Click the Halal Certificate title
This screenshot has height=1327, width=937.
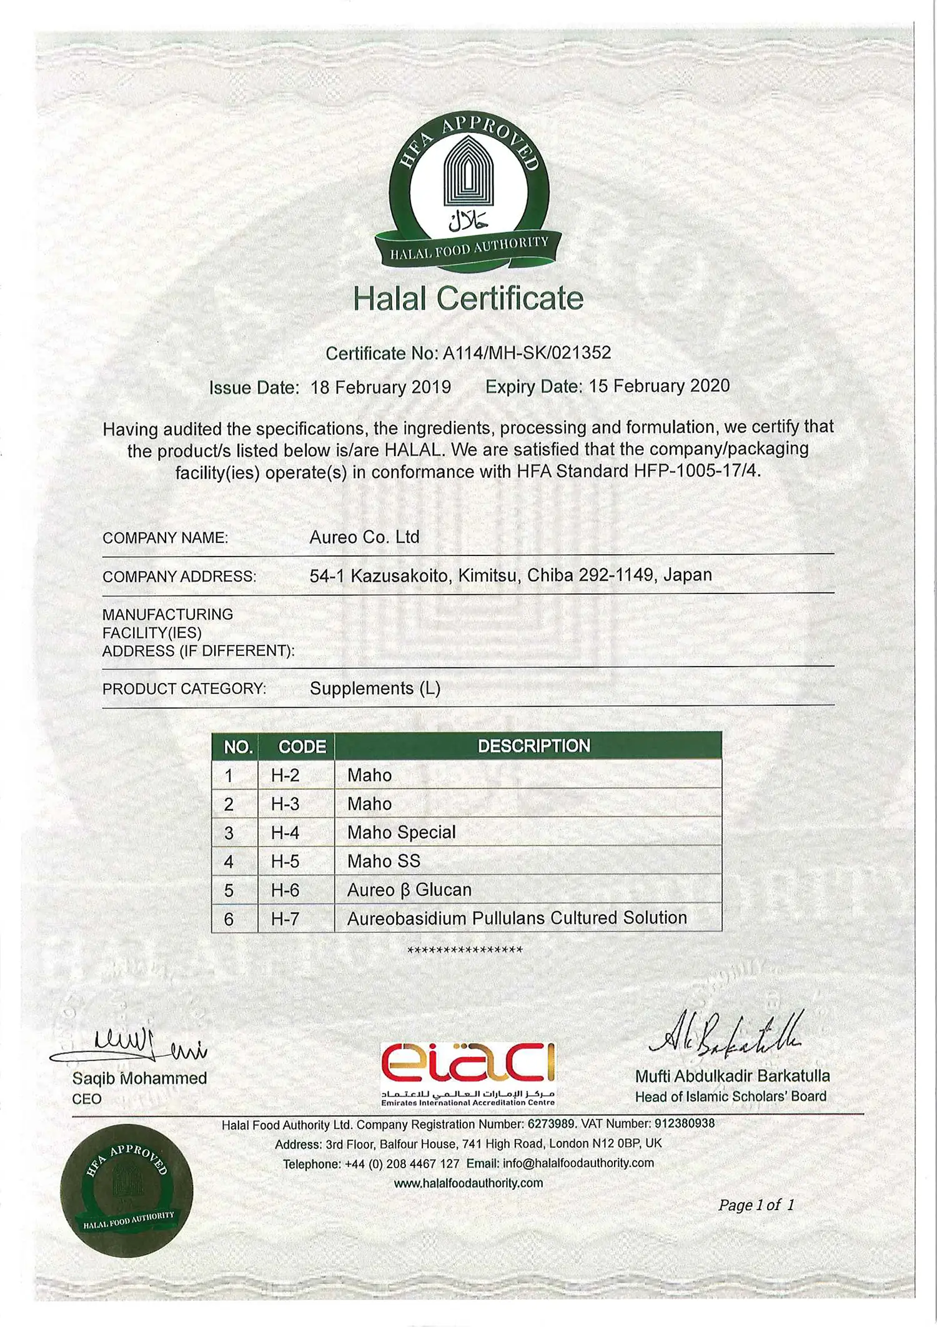tap(468, 298)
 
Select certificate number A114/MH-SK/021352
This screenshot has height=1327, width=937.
tap(527, 353)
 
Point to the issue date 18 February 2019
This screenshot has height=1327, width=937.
tap(380, 387)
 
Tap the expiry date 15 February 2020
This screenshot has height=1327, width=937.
tap(659, 386)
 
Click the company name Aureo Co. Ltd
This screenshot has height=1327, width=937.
tap(364, 537)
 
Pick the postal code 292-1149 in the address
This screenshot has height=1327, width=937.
tap(615, 575)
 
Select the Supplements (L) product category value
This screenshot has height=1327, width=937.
tap(375, 688)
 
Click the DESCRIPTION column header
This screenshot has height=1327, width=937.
tap(533, 746)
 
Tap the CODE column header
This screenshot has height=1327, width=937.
tap(302, 747)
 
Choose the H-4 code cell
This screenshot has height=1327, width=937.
tap(285, 833)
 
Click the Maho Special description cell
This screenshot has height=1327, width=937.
tap(402, 833)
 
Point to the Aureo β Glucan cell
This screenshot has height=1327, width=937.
tap(409, 890)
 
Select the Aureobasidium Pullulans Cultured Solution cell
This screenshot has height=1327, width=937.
tap(517, 918)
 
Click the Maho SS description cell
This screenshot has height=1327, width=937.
tap(384, 862)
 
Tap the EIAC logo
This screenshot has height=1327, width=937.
tap(468, 1072)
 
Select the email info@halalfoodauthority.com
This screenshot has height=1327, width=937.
tap(578, 1163)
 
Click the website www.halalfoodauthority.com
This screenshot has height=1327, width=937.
tap(468, 1183)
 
